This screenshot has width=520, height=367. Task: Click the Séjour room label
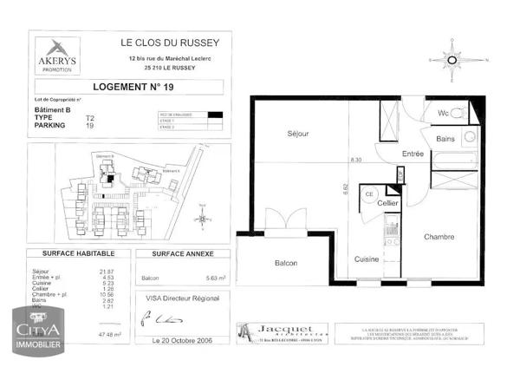(301, 134)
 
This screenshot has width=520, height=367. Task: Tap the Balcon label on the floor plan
(287, 264)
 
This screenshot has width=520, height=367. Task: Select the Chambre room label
(440, 237)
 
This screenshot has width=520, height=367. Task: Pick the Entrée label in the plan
(413, 154)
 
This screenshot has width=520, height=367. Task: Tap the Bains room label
(445, 139)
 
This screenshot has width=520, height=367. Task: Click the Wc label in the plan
(442, 114)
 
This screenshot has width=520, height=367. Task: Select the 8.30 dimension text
(356, 161)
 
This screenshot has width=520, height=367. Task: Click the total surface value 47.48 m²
(107, 333)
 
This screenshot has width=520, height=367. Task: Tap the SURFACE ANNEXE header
(177, 253)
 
